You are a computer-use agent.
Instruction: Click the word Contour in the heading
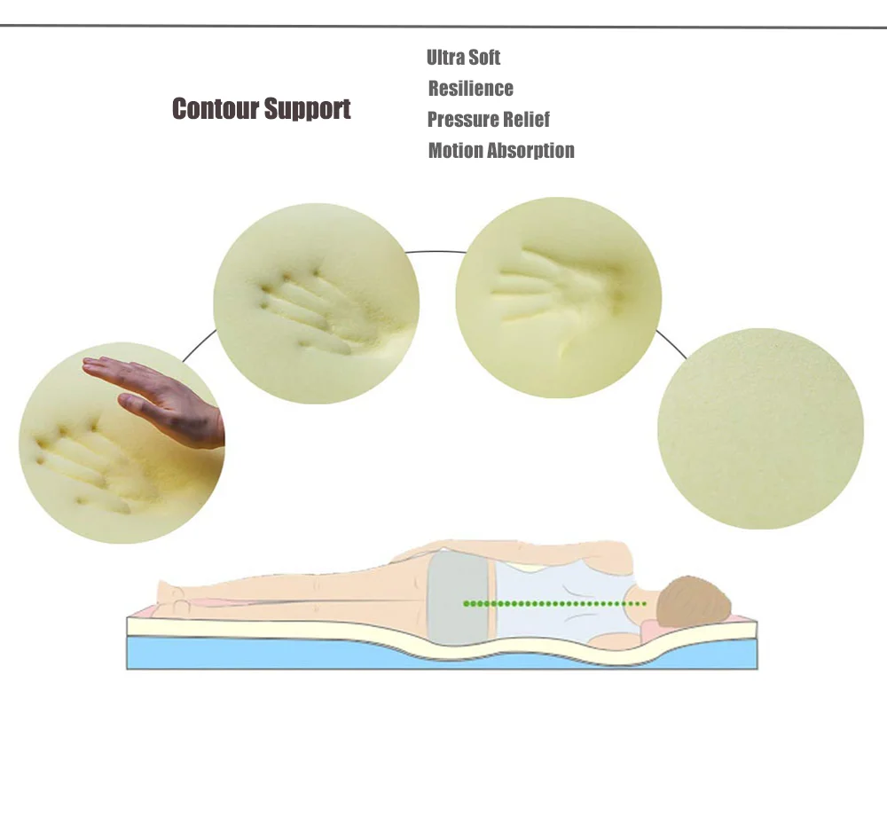pyautogui.click(x=216, y=109)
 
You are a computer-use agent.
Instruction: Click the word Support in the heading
pyautogui.click(x=307, y=110)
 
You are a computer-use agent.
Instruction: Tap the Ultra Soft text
pyautogui.click(x=463, y=58)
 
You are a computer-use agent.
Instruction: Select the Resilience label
pyautogui.click(x=470, y=89)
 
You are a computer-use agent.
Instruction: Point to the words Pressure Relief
pyautogui.click(x=488, y=120)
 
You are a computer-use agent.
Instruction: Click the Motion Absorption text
pyautogui.click(x=501, y=151)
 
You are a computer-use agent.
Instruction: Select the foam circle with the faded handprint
pyautogui.click(x=558, y=298)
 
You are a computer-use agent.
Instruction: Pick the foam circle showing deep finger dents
pyautogui.click(x=317, y=303)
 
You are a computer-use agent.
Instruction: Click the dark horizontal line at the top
pyautogui.click(x=443, y=27)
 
